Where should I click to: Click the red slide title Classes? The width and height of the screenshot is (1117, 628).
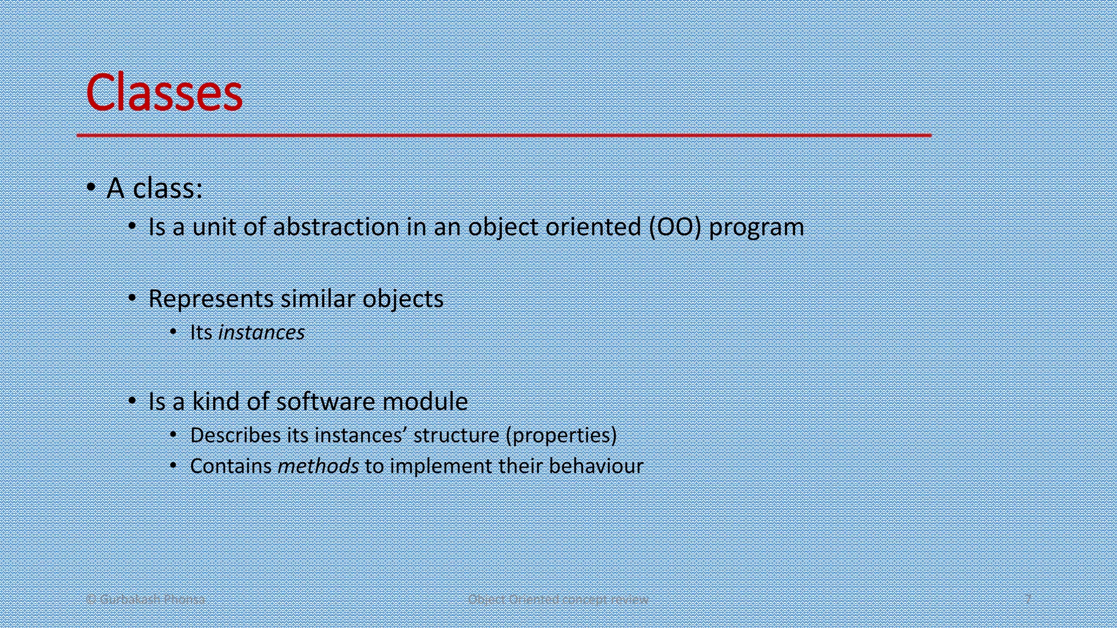tap(164, 93)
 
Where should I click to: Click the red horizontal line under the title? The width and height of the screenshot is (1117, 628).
tap(503, 135)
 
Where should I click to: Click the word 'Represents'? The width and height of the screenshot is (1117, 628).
tap(211, 299)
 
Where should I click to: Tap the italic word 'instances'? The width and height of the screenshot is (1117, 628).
tap(261, 333)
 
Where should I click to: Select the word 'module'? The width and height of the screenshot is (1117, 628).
tap(425, 402)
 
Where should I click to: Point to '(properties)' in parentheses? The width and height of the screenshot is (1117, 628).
tap(561, 436)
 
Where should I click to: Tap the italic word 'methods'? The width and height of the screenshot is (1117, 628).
tap(318, 467)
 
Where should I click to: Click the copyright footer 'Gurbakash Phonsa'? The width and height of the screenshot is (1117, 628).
tap(146, 599)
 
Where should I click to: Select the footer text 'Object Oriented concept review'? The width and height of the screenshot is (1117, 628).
tap(558, 599)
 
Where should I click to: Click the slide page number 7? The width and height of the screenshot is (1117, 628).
tap(1028, 599)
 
